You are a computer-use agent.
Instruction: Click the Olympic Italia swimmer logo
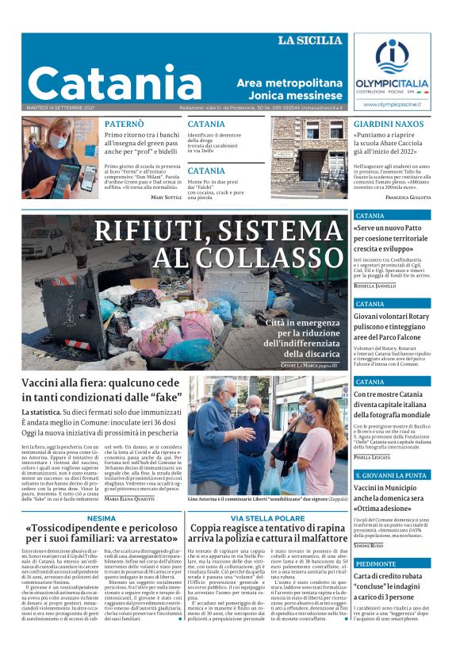391,56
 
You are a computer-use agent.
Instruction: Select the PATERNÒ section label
124,124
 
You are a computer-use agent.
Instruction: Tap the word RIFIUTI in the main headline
144,231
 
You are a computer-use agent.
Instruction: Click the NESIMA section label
102,517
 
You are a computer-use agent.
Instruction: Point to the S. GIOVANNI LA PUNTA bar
393,474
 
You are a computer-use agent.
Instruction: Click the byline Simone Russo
370,547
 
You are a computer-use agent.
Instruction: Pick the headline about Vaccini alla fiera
101,391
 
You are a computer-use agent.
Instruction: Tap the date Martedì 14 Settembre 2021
59,108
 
